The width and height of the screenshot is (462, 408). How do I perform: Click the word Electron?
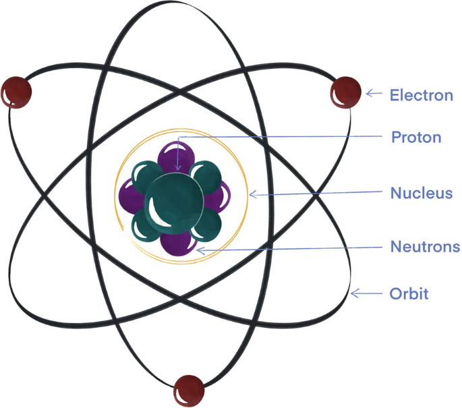422,95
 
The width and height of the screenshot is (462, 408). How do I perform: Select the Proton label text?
416,138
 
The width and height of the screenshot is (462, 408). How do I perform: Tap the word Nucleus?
421,194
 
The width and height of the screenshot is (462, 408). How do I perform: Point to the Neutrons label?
425,247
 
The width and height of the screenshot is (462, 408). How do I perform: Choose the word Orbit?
409,294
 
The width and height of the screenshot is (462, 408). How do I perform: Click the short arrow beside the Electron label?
374,94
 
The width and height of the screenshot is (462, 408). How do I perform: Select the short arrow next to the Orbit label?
365,293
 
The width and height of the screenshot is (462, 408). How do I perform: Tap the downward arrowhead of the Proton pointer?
178,167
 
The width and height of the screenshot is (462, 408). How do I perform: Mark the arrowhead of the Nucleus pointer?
253,195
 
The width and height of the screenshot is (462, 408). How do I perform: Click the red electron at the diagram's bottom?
189,389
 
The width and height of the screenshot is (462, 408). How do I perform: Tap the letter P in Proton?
397,138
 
